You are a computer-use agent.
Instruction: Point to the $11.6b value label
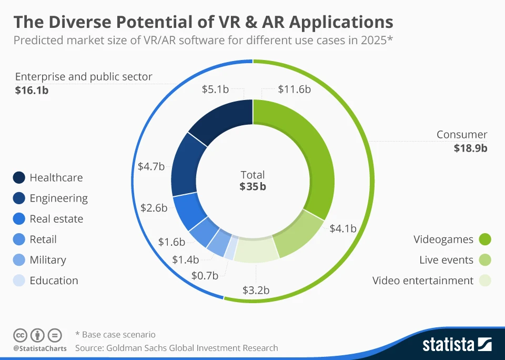(x=294, y=89)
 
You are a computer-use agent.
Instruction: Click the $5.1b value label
(x=215, y=89)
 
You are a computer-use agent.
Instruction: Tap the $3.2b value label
(x=256, y=290)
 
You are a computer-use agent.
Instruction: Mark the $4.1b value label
(x=343, y=228)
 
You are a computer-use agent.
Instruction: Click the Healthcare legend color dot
(x=18, y=178)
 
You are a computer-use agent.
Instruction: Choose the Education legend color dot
(x=18, y=281)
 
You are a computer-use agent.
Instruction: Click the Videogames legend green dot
(x=484, y=240)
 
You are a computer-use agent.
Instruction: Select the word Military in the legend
(x=48, y=260)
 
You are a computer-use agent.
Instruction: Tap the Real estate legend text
(x=56, y=219)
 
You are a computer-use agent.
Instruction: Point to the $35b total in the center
(x=252, y=186)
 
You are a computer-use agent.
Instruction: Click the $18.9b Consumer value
(x=470, y=148)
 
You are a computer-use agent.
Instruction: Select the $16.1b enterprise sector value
(x=32, y=91)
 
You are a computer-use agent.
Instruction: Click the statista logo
(x=457, y=345)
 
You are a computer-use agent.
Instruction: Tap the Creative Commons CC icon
(x=20, y=335)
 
